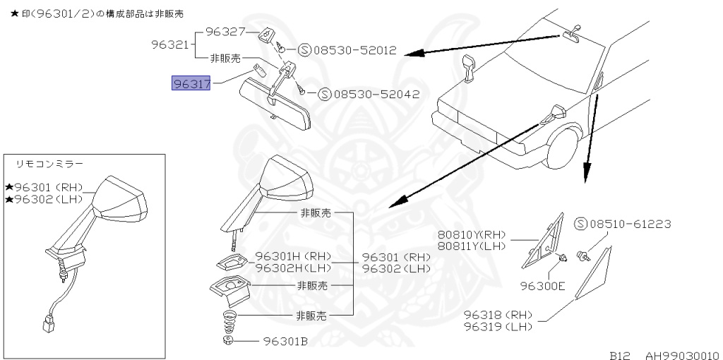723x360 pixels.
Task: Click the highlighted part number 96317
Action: click(191, 84)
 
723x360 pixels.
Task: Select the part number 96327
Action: click(225, 32)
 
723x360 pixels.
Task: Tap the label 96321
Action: click(170, 44)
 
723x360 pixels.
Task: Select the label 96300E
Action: click(543, 287)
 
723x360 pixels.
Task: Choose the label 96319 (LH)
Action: click(498, 326)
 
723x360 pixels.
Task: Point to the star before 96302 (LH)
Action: click(8, 200)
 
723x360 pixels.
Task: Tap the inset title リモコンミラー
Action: click(49, 164)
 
